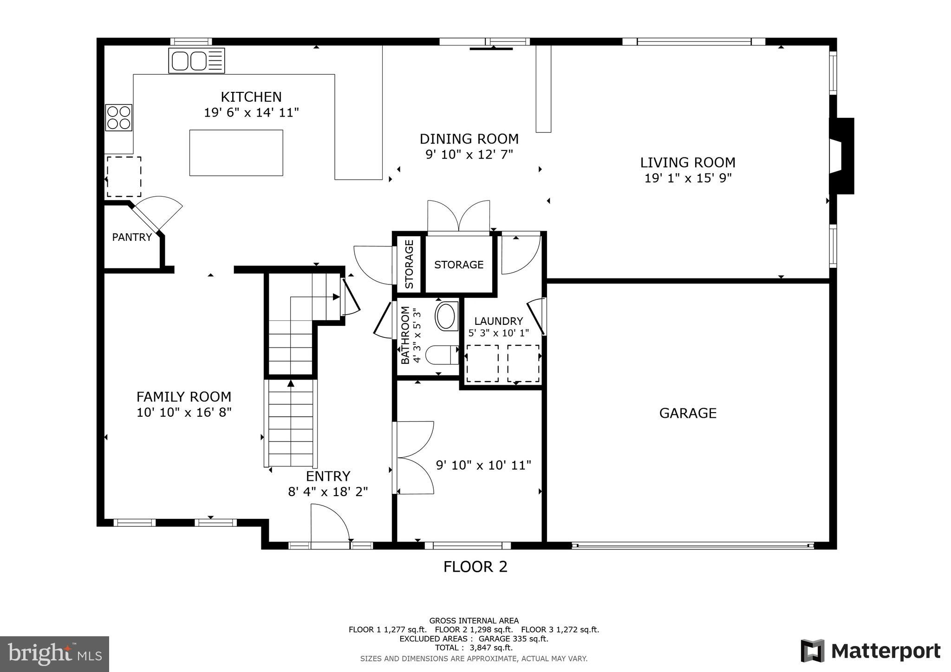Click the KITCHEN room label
[x=251, y=97]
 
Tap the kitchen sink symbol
[x=196, y=61]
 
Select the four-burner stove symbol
[x=119, y=117]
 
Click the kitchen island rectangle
[x=236, y=153]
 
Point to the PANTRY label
[x=132, y=237]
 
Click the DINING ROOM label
[x=469, y=139]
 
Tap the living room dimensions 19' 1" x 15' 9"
[x=688, y=178]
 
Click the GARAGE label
[x=688, y=413]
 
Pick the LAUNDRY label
[x=498, y=321]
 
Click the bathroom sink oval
[x=446, y=316]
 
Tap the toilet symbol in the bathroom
[x=441, y=355]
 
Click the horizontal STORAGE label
[x=459, y=265]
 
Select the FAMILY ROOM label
[x=184, y=397]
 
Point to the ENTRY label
[x=328, y=476]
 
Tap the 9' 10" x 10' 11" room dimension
[x=483, y=465]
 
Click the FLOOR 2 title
[x=475, y=567]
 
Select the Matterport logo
[x=870, y=651]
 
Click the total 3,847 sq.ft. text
[x=474, y=647]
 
